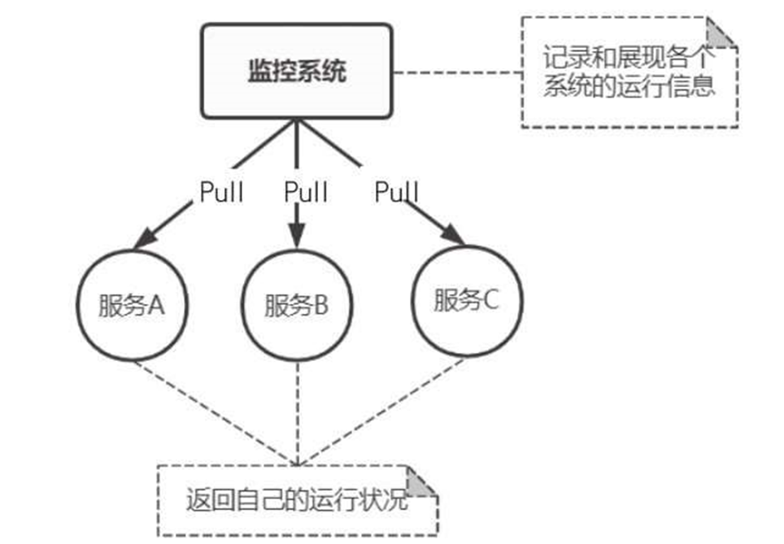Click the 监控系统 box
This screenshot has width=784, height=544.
click(297, 71)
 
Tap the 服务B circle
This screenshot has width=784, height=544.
click(297, 307)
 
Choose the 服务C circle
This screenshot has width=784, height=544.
click(466, 302)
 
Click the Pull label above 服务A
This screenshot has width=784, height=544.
click(221, 193)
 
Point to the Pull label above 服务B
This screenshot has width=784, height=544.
click(306, 193)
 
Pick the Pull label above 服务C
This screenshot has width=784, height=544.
click(396, 193)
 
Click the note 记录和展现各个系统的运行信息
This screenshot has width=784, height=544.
click(629, 73)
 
